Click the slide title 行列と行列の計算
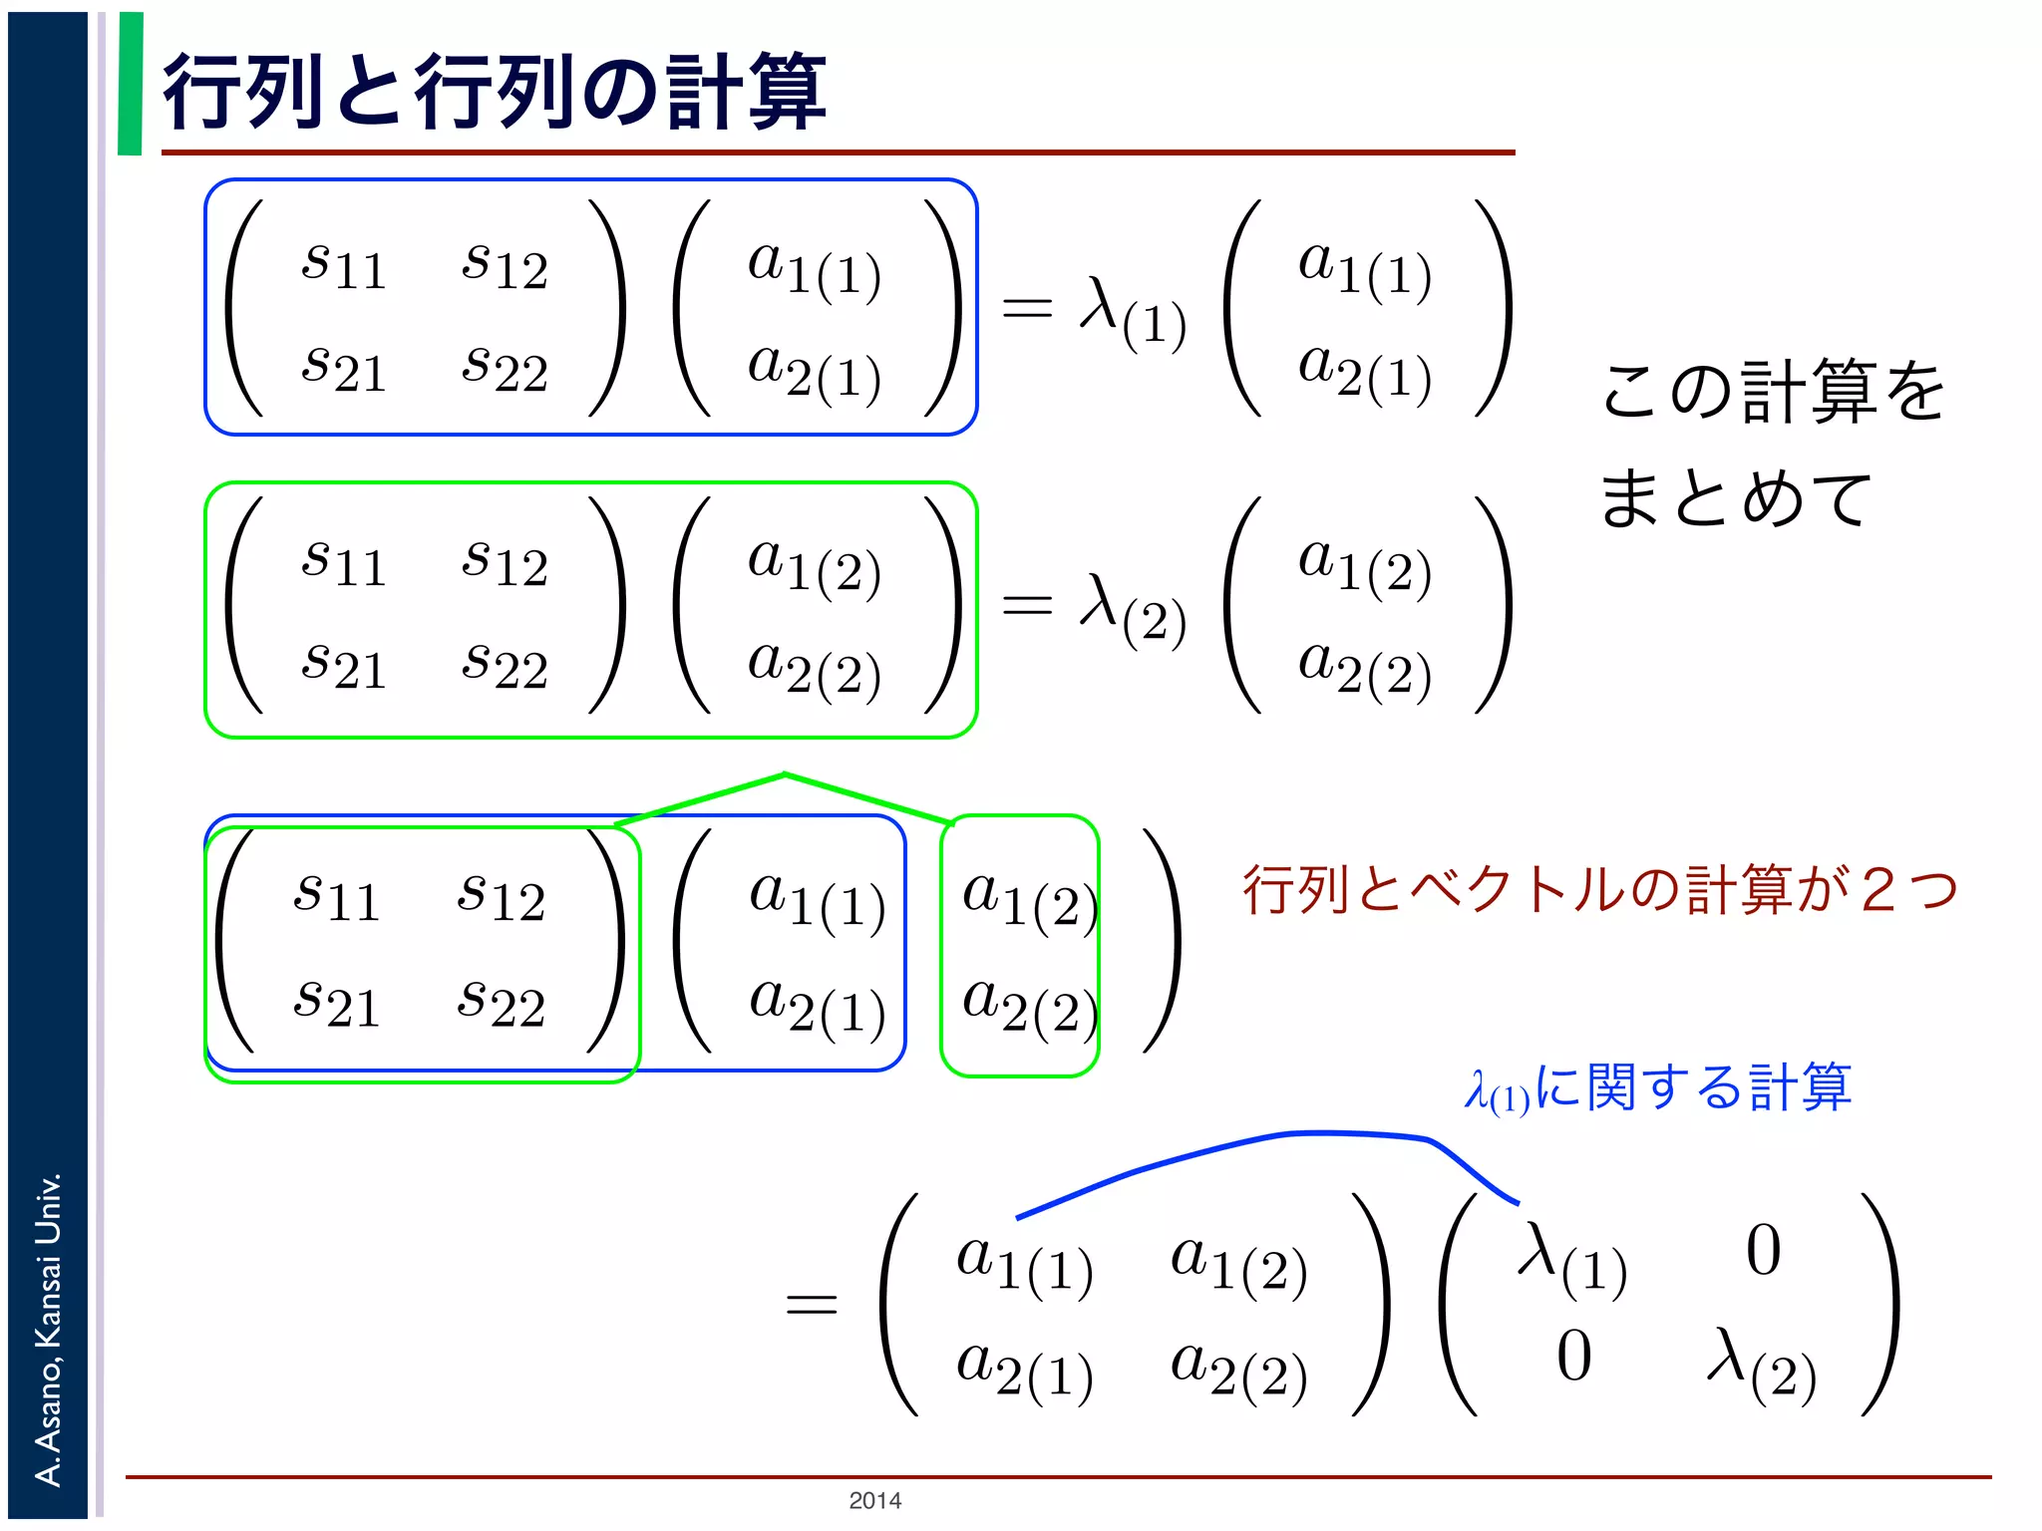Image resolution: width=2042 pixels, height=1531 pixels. [494, 92]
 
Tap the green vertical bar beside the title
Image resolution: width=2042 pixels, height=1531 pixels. [130, 84]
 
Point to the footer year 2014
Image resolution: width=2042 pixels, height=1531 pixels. [874, 1500]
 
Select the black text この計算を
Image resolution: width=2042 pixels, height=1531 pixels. [1773, 391]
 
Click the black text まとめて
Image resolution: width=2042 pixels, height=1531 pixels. [1735, 497]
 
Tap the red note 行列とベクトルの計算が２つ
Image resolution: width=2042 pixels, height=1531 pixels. [1599, 889]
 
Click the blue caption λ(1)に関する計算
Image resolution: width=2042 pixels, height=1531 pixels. [1658, 1088]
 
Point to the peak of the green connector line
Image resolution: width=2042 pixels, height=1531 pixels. [785, 774]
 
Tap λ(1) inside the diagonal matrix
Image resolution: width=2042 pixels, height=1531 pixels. [1571, 1259]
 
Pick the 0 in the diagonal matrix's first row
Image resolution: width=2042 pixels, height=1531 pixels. [1763, 1251]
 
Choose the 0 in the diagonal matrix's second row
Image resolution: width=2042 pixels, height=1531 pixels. [1573, 1357]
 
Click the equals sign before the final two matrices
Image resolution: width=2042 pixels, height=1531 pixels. [811, 1304]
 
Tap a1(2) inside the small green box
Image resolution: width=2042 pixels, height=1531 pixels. [1028, 898]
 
